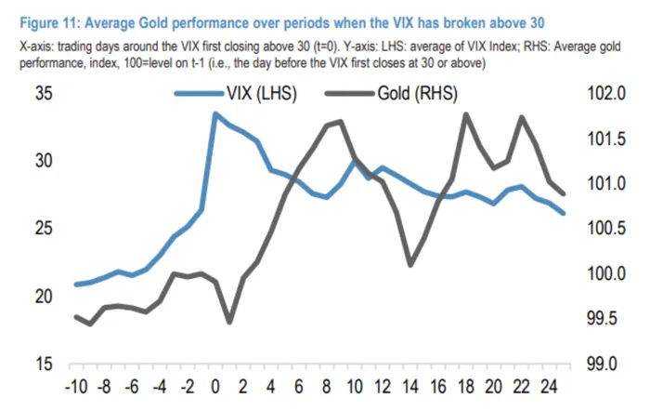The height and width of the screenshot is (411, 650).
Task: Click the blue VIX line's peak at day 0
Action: [215, 113]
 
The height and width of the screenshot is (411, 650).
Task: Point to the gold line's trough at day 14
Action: [409, 265]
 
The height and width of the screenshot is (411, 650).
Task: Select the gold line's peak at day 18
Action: [465, 114]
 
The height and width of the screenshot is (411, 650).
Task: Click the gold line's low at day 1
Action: [229, 323]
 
